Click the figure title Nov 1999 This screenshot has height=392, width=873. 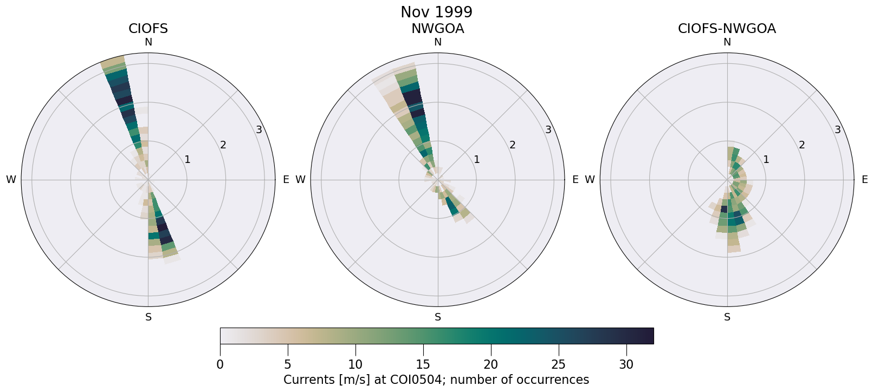click(x=436, y=12)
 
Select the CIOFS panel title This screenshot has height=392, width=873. click(x=148, y=29)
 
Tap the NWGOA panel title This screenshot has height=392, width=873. click(x=437, y=29)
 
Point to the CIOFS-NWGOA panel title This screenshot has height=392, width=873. click(x=727, y=29)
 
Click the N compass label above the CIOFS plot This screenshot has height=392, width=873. click(x=148, y=42)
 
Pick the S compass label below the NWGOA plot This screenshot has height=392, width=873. click(x=438, y=317)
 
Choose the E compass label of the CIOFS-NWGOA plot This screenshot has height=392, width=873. click(x=865, y=180)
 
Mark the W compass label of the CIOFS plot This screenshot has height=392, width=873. click(x=11, y=180)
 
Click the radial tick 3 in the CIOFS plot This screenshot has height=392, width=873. click(x=259, y=129)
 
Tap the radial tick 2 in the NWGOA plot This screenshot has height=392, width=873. click(x=512, y=145)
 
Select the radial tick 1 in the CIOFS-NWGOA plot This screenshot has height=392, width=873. click(x=766, y=159)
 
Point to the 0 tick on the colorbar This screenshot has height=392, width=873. click(x=220, y=365)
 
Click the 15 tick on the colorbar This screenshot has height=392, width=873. click(x=423, y=365)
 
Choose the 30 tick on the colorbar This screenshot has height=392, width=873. click(x=626, y=365)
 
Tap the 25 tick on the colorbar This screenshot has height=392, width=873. click(x=558, y=365)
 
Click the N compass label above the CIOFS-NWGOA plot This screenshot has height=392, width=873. click(x=727, y=42)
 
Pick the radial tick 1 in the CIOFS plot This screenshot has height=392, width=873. click(x=187, y=159)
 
